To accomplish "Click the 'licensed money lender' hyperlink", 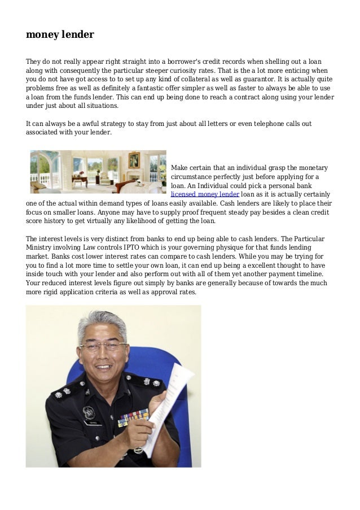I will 205,194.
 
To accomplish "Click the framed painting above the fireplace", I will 134,160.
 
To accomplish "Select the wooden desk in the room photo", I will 79,180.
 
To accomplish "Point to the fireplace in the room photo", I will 135,178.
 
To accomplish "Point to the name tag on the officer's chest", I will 91,422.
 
